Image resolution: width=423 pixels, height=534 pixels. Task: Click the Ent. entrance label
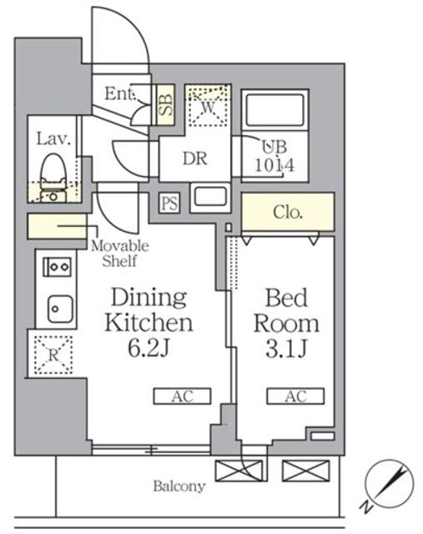pyautogui.click(x=121, y=93)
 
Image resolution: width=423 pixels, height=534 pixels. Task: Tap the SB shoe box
pyautogui.click(x=166, y=104)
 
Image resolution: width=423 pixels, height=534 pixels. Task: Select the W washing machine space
pyautogui.click(x=208, y=106)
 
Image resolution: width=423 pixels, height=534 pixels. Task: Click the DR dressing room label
pyautogui.click(x=194, y=159)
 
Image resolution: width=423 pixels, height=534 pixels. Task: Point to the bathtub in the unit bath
pyautogui.click(x=274, y=110)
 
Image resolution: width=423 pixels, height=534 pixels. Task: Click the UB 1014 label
pyautogui.click(x=274, y=156)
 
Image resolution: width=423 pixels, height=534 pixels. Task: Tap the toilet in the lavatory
pyautogui.click(x=53, y=178)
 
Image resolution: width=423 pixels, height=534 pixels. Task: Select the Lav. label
pyautogui.click(x=53, y=139)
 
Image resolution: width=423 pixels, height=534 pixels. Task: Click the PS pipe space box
pyautogui.click(x=169, y=204)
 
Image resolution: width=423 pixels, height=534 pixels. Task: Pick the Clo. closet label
pyautogui.click(x=288, y=212)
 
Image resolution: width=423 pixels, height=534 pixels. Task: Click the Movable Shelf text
pyautogui.click(x=120, y=254)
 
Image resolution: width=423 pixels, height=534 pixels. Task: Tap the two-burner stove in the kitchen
pyautogui.click(x=57, y=267)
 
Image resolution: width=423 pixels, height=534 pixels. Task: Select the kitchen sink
pyautogui.click(x=60, y=309)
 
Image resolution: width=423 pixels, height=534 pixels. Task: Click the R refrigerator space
pyautogui.click(x=53, y=355)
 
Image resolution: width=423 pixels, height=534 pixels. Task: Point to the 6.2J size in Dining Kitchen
pyautogui.click(x=149, y=348)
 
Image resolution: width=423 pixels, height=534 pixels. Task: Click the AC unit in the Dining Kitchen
pyautogui.click(x=182, y=396)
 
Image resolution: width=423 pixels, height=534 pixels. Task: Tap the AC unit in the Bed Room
pyautogui.click(x=295, y=396)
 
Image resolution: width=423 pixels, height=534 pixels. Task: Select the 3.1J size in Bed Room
pyautogui.click(x=287, y=349)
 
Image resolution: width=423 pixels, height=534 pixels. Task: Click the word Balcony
pyautogui.click(x=179, y=486)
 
